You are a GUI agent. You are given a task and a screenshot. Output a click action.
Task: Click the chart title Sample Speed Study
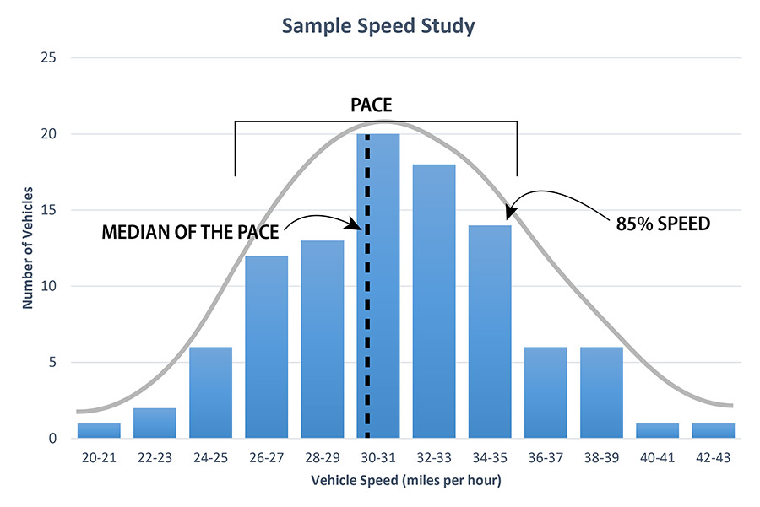pos(378,26)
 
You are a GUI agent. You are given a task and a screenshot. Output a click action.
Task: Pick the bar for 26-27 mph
pos(266,347)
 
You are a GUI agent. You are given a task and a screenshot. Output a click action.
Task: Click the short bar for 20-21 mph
pos(99,430)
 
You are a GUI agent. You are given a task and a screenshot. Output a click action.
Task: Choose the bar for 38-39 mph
pos(600,392)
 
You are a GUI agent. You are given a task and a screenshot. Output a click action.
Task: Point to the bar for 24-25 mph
pos(210,392)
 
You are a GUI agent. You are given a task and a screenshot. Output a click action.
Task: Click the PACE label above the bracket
pos(375,105)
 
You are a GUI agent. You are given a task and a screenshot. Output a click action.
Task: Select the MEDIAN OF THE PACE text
pos(191,232)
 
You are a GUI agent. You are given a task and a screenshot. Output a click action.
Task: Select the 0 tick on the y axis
pos(53,439)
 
